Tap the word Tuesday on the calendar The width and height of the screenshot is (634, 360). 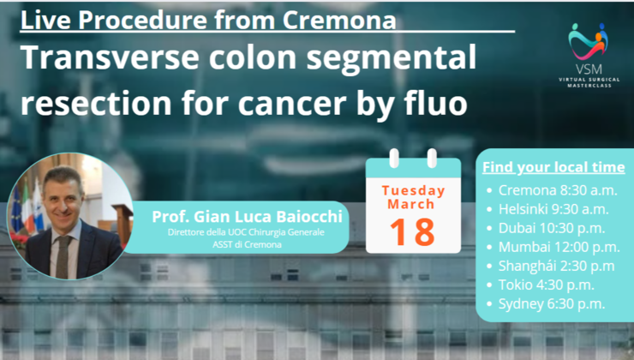[x=414, y=190]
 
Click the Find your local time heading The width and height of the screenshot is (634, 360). [x=553, y=166]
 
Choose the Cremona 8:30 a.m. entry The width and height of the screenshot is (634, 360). [x=553, y=190]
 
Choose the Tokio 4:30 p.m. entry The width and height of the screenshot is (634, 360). [x=545, y=285]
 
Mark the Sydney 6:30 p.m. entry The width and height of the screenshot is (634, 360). [x=551, y=303]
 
